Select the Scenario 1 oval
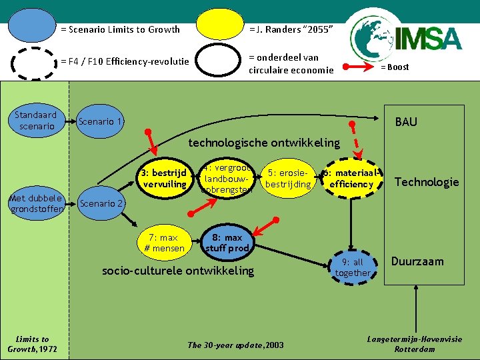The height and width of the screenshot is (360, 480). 100,122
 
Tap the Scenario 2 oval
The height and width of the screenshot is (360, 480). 101,203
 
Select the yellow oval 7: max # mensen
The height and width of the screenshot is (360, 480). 164,243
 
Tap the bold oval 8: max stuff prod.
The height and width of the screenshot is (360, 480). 227,243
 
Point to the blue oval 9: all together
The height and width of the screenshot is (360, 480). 353,267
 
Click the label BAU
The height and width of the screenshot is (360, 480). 406,122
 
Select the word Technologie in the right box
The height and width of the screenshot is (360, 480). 427,182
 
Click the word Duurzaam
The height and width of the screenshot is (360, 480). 417,261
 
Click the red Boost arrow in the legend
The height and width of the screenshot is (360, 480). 359,67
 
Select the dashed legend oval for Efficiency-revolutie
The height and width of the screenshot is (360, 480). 35,63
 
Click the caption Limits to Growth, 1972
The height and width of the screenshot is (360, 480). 33,344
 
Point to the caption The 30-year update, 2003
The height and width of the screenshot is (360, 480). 235,345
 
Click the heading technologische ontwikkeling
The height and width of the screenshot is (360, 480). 264,143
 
